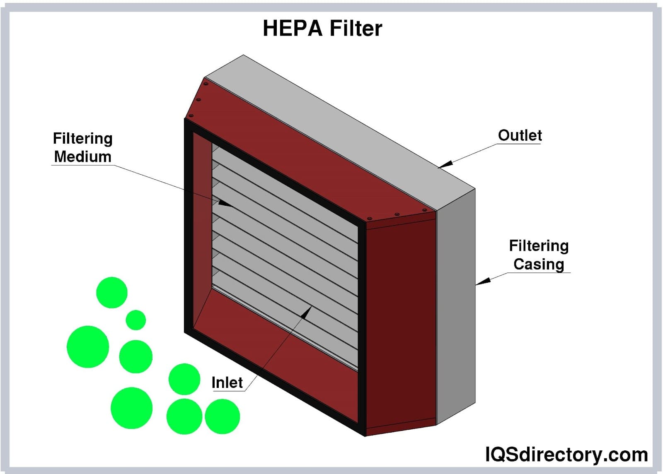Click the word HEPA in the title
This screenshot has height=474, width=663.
pyautogui.click(x=292, y=28)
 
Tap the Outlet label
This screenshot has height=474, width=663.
pyautogui.click(x=520, y=135)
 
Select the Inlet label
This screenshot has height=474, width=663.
pyautogui.click(x=227, y=383)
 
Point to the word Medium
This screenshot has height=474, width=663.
pyautogui.click(x=82, y=157)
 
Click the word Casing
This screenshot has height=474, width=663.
pyautogui.click(x=539, y=264)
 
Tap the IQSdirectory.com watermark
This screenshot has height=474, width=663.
pyautogui.click(x=566, y=455)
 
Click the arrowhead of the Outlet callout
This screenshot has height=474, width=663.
pyautogui.click(x=444, y=165)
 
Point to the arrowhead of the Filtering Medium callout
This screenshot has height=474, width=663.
pyautogui.click(x=226, y=204)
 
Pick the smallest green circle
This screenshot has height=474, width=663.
pyautogui.click(x=136, y=320)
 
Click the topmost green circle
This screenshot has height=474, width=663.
pyautogui.click(x=111, y=293)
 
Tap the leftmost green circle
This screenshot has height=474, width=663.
pyautogui.click(x=88, y=347)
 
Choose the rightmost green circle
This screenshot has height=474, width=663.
pyautogui.click(x=222, y=416)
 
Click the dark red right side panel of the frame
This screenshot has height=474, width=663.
pyautogui.click(x=400, y=323)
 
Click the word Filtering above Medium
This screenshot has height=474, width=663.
pyautogui.click(x=82, y=139)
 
